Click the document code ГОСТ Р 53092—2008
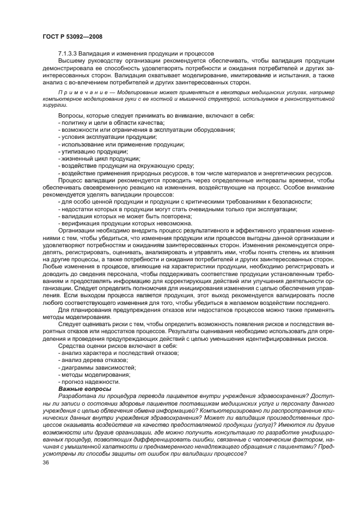pos(72,36)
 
